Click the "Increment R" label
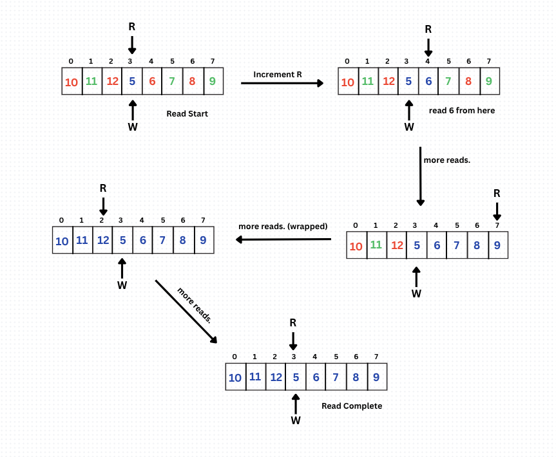[x=277, y=75]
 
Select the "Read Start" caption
[x=187, y=114]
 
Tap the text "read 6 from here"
[x=462, y=111]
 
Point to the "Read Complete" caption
[x=352, y=406]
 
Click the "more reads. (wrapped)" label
[x=283, y=227]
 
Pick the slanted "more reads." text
[x=193, y=304]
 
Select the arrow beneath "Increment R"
[x=282, y=83]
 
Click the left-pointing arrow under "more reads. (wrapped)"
[x=283, y=239]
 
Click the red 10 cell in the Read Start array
[x=72, y=82]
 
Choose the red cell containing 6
[x=152, y=82]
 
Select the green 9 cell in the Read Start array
[x=213, y=82]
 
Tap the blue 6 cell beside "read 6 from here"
[x=429, y=82]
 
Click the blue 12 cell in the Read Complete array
[x=276, y=377]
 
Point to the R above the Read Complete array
[x=293, y=323]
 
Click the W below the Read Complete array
[x=296, y=420]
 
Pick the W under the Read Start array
[x=133, y=127]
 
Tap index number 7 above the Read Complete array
[x=376, y=357]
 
